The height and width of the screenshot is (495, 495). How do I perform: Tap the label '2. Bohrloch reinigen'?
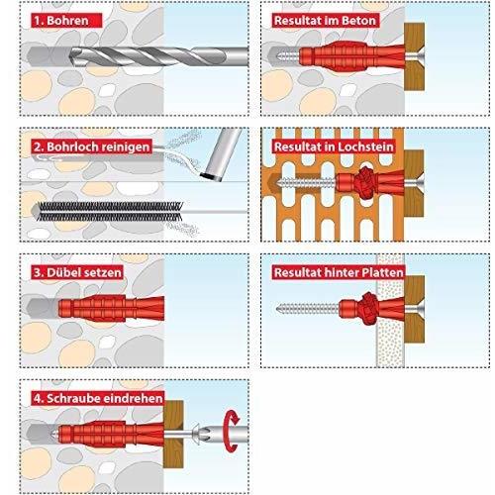pos(92,147)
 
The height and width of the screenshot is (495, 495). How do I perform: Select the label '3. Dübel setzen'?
pos(77,272)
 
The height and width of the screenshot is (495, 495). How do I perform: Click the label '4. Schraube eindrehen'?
pos(98,398)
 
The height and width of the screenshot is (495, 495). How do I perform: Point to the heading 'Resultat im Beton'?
pos(325,21)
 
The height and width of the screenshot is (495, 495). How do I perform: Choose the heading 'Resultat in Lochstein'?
pos(334,147)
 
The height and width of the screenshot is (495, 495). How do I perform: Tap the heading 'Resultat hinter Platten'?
pos(339,272)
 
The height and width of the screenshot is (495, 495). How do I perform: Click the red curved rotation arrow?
pos(231,431)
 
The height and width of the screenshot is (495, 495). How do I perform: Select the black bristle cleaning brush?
pos(109,211)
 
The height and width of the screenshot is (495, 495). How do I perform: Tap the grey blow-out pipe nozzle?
pos(222,154)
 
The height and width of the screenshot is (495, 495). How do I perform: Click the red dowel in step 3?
pos(111,309)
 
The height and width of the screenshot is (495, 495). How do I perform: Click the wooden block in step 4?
pos(173,434)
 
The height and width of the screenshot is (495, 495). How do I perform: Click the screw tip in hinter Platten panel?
pos(278,309)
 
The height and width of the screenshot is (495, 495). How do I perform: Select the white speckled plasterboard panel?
pos(391,310)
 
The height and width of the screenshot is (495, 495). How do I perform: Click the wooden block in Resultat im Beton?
pos(415,56)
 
